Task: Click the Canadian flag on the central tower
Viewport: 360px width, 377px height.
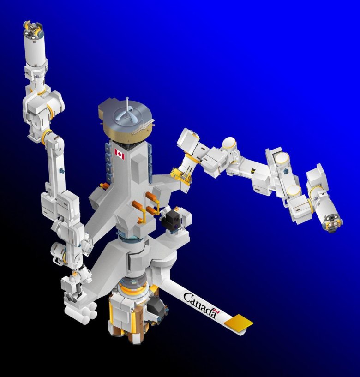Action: (x=120, y=154)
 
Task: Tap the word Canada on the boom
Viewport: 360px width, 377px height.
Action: (x=199, y=305)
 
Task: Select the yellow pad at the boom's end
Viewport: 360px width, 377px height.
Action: (x=239, y=322)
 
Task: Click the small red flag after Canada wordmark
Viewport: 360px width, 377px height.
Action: (x=217, y=312)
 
